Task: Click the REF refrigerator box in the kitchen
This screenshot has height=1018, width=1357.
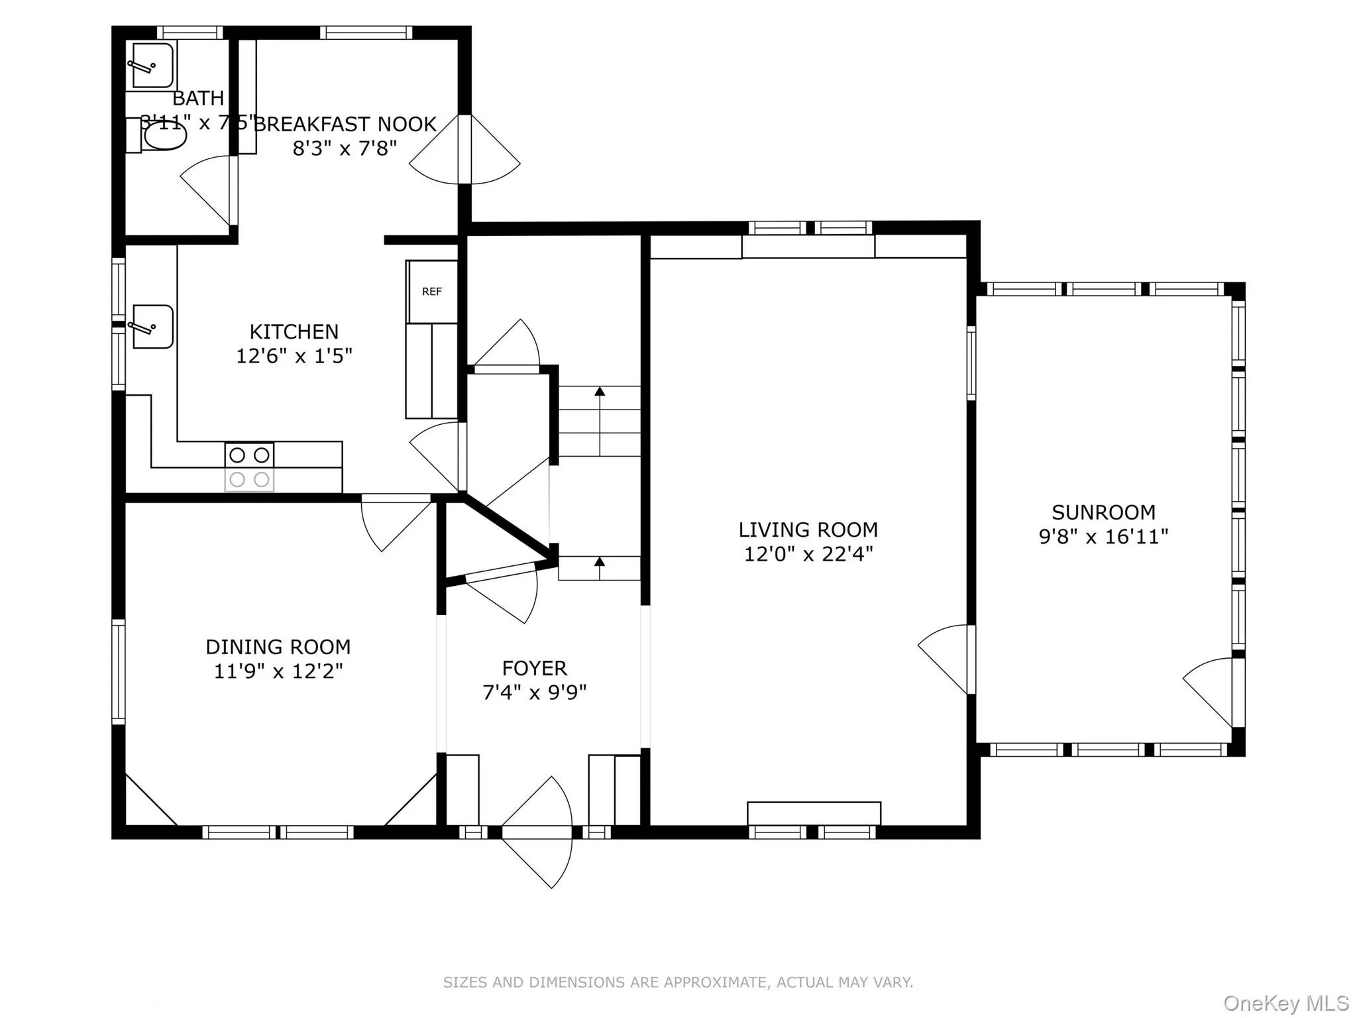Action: (x=432, y=292)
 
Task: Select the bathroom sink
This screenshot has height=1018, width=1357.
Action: (x=152, y=65)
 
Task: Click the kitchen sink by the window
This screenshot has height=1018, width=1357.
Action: (x=152, y=326)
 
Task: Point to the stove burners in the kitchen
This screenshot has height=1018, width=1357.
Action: (x=249, y=467)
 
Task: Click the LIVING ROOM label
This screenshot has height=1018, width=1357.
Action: (x=808, y=530)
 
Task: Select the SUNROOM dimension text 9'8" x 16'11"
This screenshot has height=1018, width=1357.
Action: (x=1103, y=536)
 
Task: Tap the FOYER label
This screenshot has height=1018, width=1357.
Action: (x=534, y=667)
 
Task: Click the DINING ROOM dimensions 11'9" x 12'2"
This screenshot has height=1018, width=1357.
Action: (x=278, y=671)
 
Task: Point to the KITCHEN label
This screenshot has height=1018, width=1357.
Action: (x=294, y=331)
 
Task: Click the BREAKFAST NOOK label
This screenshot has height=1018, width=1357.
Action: (x=345, y=124)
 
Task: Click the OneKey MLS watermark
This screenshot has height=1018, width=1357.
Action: (x=1285, y=1003)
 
